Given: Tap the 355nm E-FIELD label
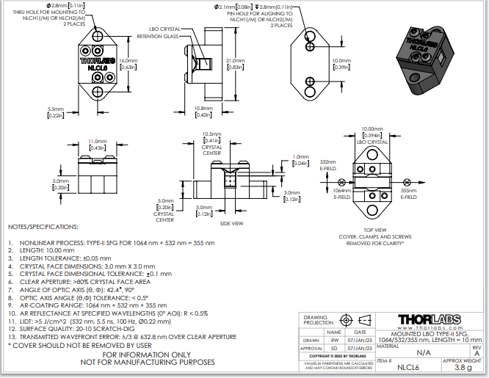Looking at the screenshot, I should (409, 194).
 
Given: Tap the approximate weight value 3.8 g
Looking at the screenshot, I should (463, 368).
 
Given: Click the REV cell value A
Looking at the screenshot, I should (476, 353).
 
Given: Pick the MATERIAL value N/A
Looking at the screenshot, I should (423, 353).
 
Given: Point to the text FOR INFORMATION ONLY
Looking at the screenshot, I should (141, 354).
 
